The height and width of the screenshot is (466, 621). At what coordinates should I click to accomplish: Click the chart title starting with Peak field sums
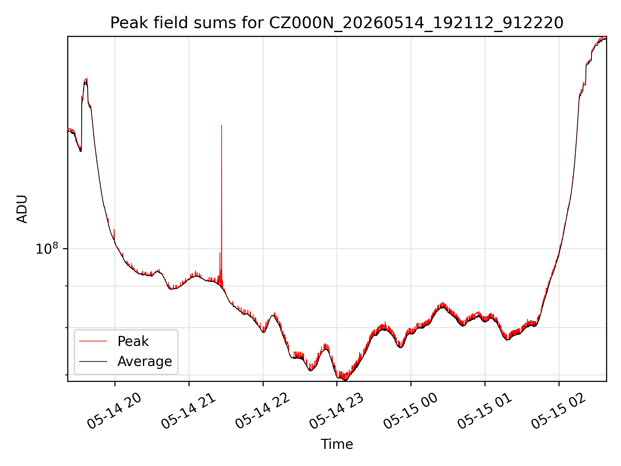[337, 23]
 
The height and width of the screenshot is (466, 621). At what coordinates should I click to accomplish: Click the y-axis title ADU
[22, 209]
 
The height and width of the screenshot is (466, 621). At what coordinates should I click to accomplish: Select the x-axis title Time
[337, 444]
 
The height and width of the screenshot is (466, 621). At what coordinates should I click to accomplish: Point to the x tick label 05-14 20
[114, 411]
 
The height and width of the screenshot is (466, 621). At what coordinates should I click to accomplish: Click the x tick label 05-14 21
[189, 411]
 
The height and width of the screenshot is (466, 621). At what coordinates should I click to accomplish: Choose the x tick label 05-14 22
[263, 411]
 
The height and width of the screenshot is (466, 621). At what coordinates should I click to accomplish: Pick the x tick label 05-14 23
[337, 411]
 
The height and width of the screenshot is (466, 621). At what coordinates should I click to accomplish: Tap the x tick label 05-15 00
[411, 411]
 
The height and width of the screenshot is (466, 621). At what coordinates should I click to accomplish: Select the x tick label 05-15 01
[485, 411]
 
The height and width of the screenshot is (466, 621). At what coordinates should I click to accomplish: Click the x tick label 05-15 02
[559, 411]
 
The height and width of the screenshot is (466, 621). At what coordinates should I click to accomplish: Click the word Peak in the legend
[133, 341]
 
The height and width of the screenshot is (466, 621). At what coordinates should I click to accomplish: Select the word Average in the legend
[145, 361]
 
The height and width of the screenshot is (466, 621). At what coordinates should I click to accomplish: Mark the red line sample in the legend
[93, 341]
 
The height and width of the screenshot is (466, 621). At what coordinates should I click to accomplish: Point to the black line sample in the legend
[93, 361]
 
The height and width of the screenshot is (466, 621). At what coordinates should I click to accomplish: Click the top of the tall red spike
[222, 125]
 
